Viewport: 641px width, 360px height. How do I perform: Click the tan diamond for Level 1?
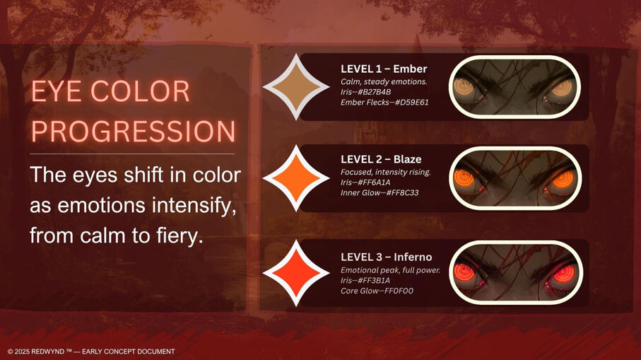coord(296,87)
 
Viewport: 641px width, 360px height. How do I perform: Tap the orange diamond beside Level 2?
coord(296,178)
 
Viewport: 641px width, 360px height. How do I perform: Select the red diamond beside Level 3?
coord(296,273)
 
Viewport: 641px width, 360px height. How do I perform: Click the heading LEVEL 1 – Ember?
coord(384,69)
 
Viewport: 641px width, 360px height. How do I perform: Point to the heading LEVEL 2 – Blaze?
coord(381,159)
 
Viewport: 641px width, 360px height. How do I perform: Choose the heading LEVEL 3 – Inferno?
coord(387,257)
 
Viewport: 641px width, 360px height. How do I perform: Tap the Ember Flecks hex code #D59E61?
coord(411,103)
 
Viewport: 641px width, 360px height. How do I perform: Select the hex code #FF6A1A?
coord(374,182)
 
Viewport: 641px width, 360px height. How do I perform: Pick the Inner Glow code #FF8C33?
coord(402,192)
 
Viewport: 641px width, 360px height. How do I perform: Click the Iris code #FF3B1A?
coord(374,280)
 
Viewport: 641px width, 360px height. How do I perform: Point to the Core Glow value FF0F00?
coord(399,291)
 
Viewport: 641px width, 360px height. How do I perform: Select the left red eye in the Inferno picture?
coord(464,273)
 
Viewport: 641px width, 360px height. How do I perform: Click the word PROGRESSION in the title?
coord(134,131)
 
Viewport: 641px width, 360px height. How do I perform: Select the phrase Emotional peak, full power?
coord(390,270)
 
